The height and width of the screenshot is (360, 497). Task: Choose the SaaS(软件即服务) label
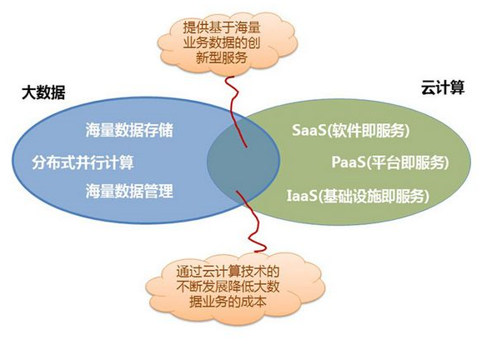tap(351, 131)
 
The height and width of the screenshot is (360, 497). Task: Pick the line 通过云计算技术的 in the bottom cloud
tap(223, 271)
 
